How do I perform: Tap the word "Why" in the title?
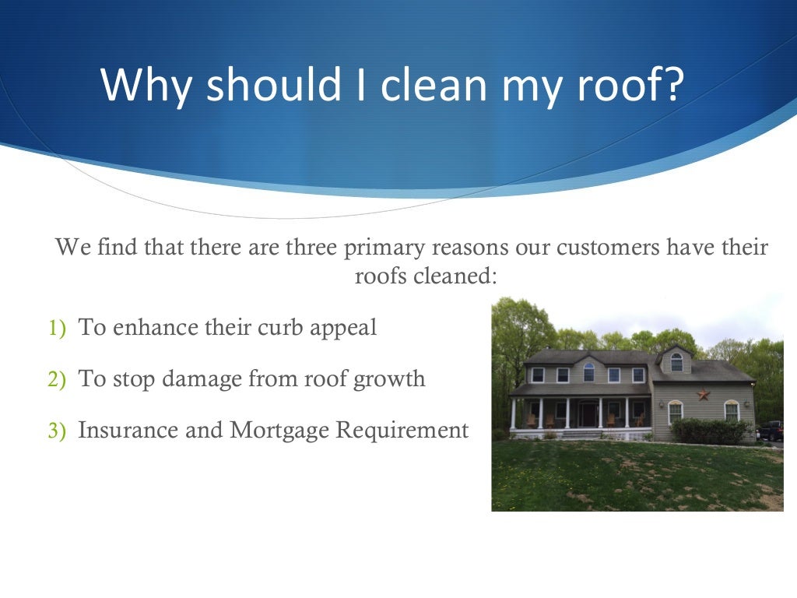click(x=146, y=86)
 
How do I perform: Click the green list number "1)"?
click(x=58, y=329)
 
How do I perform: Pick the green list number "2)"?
click(x=58, y=380)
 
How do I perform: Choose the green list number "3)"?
click(x=58, y=431)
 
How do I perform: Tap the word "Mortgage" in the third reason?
click(x=279, y=431)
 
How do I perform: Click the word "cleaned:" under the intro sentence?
click(x=460, y=276)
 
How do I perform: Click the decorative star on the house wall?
click(x=703, y=394)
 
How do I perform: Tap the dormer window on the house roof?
click(x=676, y=362)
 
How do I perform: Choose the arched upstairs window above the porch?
click(x=588, y=373)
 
